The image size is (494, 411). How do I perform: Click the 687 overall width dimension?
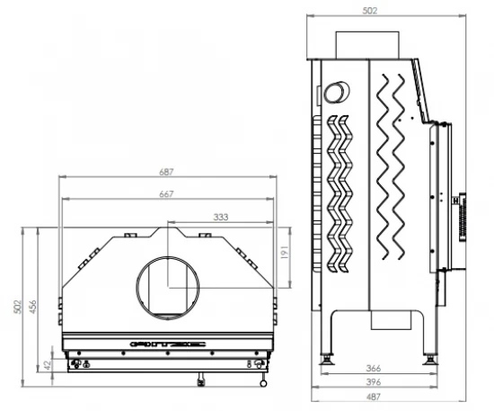coord(167,172)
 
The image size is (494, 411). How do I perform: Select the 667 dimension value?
coord(167,194)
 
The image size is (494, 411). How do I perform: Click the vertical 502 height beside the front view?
coord(16,307)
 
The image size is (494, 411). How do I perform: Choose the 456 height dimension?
coord(34,307)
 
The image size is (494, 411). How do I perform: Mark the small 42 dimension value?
coord(49,364)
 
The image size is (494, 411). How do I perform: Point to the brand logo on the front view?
coord(167,343)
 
